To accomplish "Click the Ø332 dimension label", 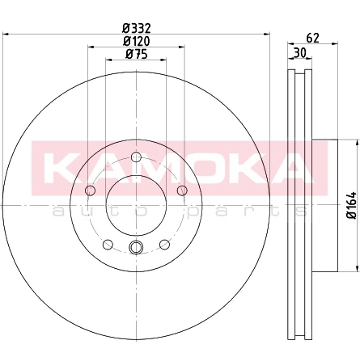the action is coord(136,28).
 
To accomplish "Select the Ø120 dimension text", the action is coord(136,41).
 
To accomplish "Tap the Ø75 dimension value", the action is coord(136,54).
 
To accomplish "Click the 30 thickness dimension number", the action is coord(300,53).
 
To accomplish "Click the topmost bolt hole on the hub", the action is coord(136,157).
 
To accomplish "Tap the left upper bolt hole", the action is coord(90,190).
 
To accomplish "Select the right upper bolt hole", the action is coord(182,190).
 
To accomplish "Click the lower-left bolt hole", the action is coord(108,244).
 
